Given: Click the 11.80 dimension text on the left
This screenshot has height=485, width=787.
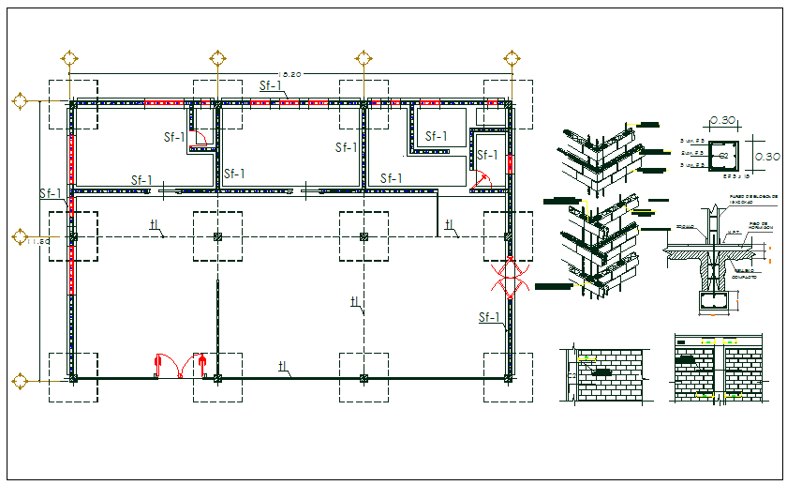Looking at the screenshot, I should (x=37, y=242).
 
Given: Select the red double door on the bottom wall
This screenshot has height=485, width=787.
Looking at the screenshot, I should (x=181, y=366).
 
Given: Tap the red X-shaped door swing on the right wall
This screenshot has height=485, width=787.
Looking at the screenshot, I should (x=511, y=279).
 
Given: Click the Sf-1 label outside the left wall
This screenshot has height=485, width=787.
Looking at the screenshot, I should (x=51, y=193).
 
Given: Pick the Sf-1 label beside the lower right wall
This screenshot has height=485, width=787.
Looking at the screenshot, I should (x=489, y=317).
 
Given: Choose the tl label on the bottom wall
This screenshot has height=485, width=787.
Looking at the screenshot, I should (x=282, y=365).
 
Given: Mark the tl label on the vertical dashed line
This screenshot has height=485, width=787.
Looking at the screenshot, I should (x=355, y=301).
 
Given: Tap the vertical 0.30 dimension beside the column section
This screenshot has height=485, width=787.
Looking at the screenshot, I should (x=766, y=156).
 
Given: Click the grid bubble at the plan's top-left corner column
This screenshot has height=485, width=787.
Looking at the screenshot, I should (x=68, y=58).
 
